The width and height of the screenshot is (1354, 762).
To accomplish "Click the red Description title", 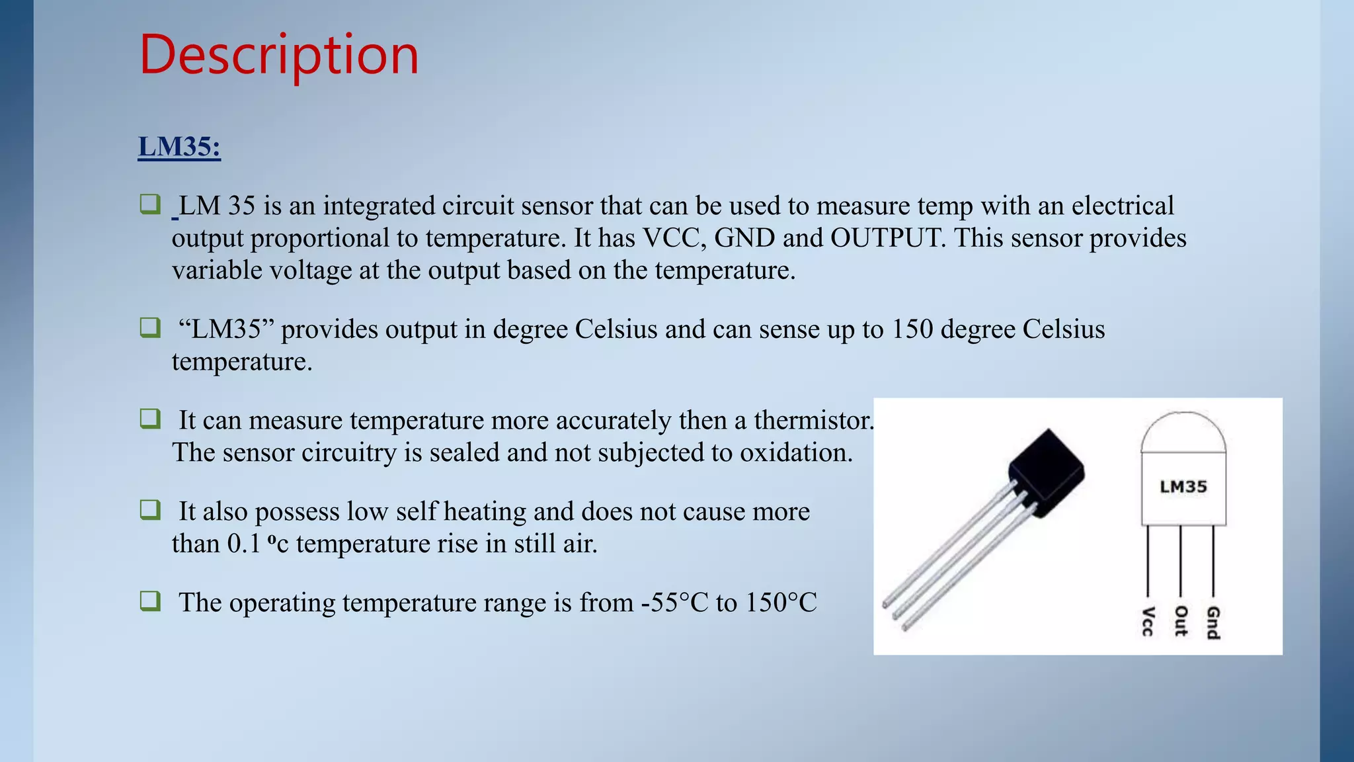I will (279, 55).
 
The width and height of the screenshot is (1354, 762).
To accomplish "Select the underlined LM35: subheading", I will (179, 146).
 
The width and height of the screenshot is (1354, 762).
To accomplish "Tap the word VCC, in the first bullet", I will (674, 238).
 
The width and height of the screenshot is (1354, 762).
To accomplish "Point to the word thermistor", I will (813, 421).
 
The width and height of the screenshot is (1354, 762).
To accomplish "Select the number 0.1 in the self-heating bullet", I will (244, 544).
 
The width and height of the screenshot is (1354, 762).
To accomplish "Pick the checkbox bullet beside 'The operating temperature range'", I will (150, 601).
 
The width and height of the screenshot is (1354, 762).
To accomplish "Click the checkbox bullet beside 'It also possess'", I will (150, 510).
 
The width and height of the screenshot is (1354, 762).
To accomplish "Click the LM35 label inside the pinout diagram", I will (1183, 487).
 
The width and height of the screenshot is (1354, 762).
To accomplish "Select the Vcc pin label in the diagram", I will (1148, 621).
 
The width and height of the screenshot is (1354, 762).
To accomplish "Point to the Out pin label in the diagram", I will (1181, 621).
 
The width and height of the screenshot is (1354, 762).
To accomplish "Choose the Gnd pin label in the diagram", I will (1213, 622).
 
